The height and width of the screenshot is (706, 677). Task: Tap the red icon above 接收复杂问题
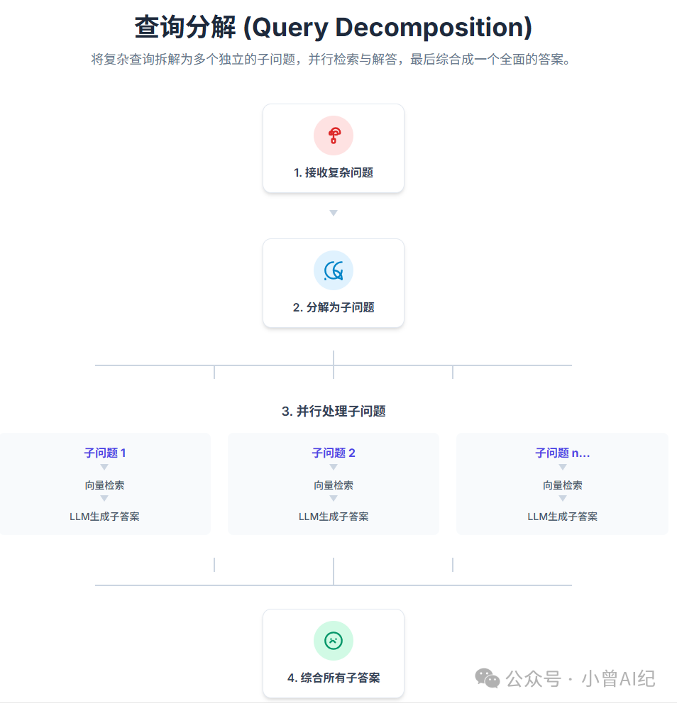(334, 136)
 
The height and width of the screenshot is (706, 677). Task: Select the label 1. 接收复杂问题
(334, 172)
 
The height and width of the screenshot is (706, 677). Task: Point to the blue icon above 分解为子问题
(334, 270)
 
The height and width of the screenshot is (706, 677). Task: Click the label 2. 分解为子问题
(334, 307)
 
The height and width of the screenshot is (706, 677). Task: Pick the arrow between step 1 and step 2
(334, 213)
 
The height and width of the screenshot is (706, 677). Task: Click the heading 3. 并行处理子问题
(334, 411)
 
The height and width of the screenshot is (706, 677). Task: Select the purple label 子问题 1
(105, 453)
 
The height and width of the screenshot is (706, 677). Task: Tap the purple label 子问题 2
(334, 453)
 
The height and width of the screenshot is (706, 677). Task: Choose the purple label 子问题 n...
(562, 453)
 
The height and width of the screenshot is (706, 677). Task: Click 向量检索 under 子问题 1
(105, 485)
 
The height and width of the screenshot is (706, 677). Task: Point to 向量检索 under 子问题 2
(334, 485)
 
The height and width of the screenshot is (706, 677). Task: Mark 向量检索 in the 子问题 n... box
(562, 485)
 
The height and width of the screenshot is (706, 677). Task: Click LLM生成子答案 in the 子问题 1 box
(105, 517)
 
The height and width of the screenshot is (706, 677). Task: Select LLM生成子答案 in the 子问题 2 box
(334, 517)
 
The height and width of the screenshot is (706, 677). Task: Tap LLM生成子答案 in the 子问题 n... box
(562, 517)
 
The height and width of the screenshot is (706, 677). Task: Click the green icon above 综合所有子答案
(334, 641)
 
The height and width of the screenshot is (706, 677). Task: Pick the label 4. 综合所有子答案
(334, 678)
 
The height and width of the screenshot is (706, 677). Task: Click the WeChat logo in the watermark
(488, 678)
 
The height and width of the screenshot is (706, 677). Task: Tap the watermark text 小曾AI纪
(618, 678)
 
